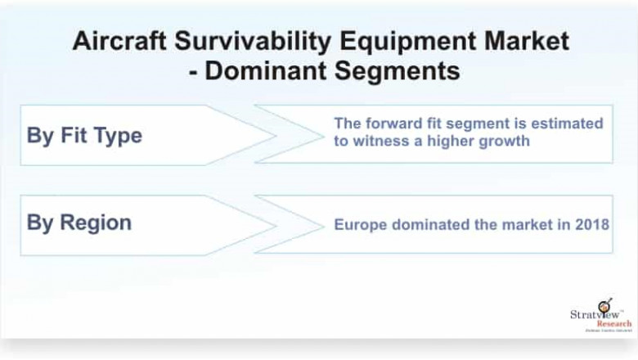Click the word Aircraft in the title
(113, 42)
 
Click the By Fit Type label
(84, 136)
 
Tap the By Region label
(79, 223)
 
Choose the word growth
(505, 141)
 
